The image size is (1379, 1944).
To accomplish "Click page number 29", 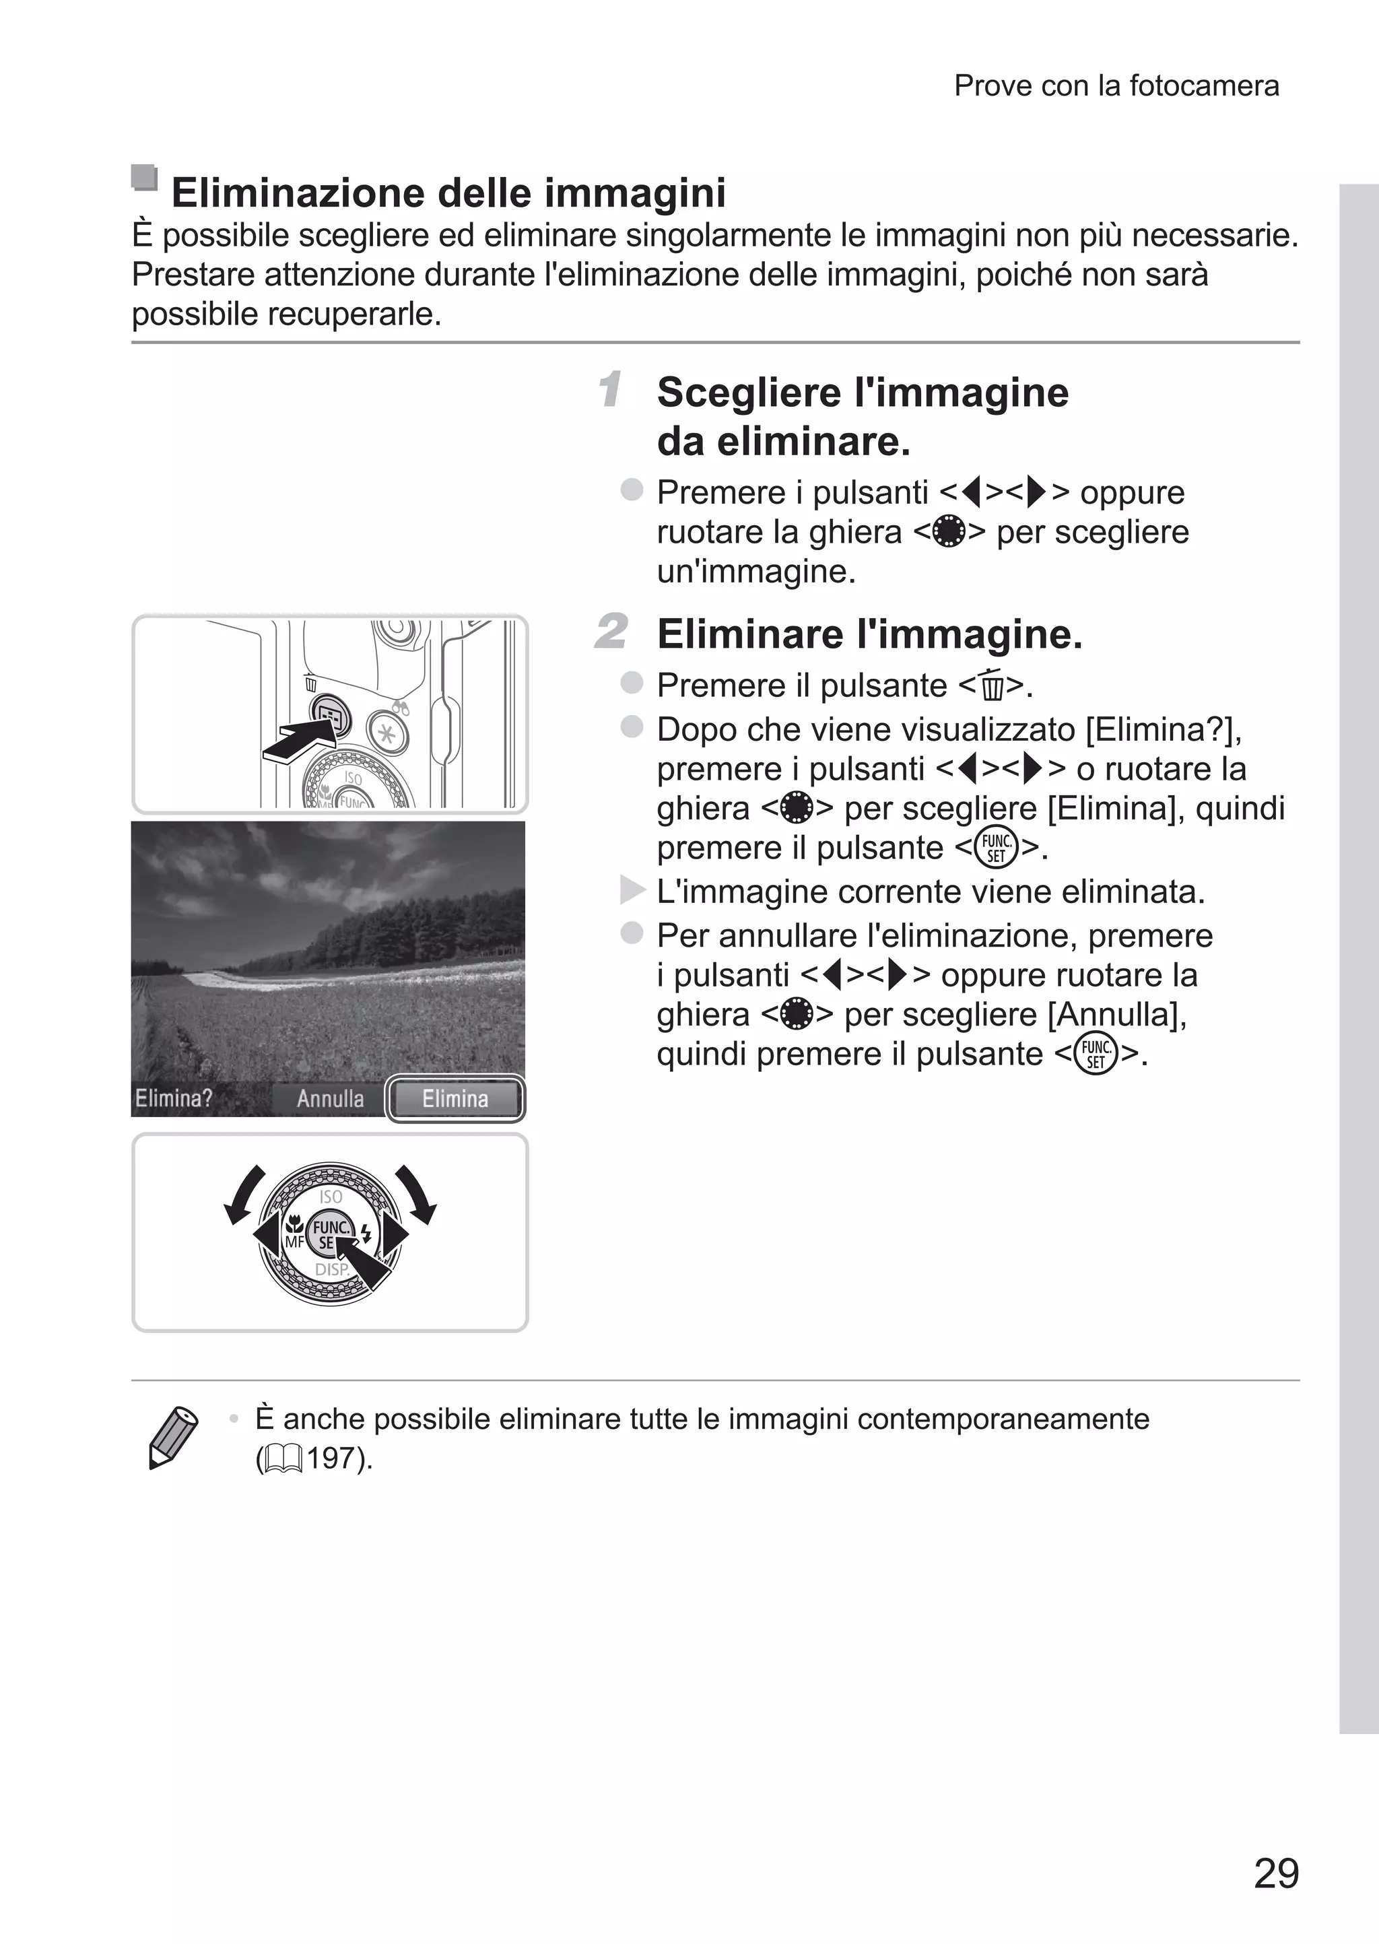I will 1275,1873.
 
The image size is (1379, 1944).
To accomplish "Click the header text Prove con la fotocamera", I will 1116,86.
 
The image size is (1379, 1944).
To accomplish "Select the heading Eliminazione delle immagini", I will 448,193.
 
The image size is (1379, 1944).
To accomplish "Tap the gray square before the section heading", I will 144,178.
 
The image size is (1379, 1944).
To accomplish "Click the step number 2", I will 611,632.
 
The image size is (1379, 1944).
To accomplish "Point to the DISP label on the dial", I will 331,1269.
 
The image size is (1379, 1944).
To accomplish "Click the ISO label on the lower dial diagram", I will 331,1196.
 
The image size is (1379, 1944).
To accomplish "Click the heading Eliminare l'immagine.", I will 869,634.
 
